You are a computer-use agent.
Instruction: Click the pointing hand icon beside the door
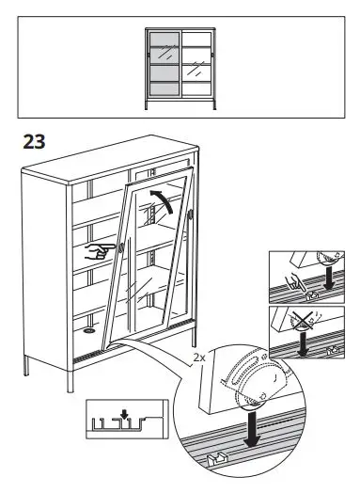(96, 250)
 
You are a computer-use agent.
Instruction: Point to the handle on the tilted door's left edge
(125, 247)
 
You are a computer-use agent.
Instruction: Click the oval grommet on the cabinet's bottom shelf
(90, 331)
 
